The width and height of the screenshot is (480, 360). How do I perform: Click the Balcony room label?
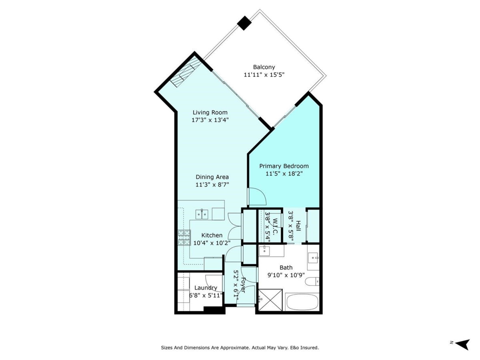[264, 67]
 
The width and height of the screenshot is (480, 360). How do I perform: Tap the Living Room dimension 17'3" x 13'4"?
[210, 120]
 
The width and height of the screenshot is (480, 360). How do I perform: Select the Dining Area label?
[212, 177]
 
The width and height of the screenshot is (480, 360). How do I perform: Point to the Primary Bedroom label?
[284, 166]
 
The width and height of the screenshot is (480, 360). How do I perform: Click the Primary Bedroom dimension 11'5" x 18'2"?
[284, 174]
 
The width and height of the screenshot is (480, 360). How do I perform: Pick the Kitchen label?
[212, 235]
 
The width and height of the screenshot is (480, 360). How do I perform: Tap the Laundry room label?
[206, 288]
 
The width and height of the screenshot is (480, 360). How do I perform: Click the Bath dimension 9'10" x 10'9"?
[286, 275]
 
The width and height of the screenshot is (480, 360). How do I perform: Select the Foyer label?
[243, 285]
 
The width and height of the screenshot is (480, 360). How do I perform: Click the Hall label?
[298, 226]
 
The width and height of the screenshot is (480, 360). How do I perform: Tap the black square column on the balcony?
[244, 23]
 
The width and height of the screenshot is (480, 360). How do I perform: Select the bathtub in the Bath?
[302, 302]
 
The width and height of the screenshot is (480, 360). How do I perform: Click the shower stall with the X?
[270, 300]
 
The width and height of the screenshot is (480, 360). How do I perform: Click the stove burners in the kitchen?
[184, 237]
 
